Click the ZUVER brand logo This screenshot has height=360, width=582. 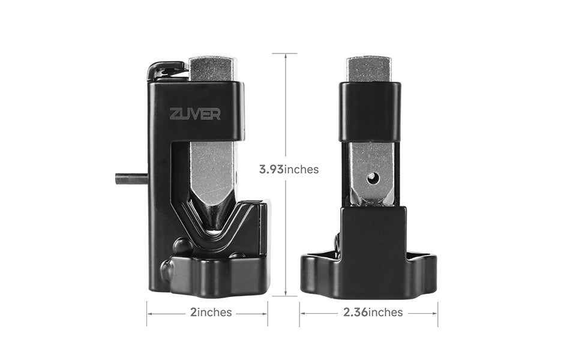click(x=195, y=114)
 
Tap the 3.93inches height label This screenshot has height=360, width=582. click(x=289, y=169)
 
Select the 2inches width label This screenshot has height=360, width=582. click(x=211, y=313)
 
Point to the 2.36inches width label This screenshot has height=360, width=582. click(x=373, y=312)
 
